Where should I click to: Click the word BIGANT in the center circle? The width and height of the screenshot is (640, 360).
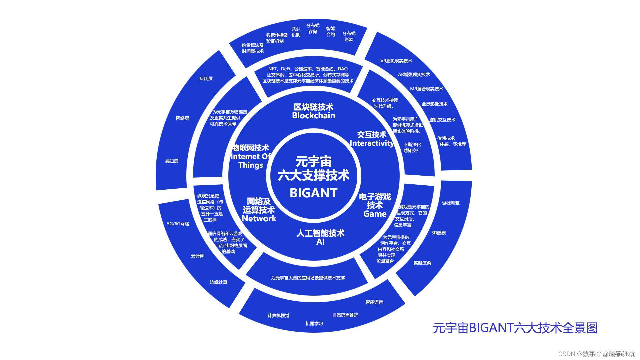pyautogui.click(x=313, y=193)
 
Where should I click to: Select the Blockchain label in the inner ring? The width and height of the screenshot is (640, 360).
pyautogui.click(x=313, y=116)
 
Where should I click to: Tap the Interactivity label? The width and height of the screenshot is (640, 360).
pyautogui.click(x=372, y=143)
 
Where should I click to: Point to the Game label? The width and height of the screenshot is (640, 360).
pyautogui.click(x=375, y=214)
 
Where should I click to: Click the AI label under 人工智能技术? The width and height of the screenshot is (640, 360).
pyautogui.click(x=320, y=242)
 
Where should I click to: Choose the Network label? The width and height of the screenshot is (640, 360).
pyautogui.click(x=259, y=219)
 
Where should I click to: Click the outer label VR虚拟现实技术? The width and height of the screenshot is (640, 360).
pyautogui.click(x=396, y=61)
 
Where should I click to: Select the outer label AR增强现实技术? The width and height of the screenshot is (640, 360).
pyautogui.click(x=414, y=75)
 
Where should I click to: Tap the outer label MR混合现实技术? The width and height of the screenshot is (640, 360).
pyautogui.click(x=426, y=89)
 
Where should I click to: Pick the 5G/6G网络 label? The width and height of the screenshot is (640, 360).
pyautogui.click(x=178, y=224)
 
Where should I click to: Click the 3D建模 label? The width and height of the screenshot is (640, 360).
pyautogui.click(x=438, y=233)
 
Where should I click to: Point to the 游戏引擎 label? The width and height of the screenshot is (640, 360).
pyautogui.click(x=451, y=203)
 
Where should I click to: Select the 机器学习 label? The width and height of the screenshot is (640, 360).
pyautogui.click(x=314, y=324)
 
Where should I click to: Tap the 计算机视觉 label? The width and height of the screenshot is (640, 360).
pyautogui.click(x=278, y=316)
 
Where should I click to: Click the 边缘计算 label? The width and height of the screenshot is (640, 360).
pyautogui.click(x=218, y=282)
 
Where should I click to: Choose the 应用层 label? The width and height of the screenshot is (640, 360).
pyautogui.click(x=206, y=79)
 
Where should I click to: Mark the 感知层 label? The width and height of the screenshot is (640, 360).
pyautogui.click(x=172, y=161)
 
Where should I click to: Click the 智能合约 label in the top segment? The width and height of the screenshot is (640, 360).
pyautogui.click(x=330, y=32)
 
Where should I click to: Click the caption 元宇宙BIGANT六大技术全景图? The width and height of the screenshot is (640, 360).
pyautogui.click(x=515, y=328)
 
